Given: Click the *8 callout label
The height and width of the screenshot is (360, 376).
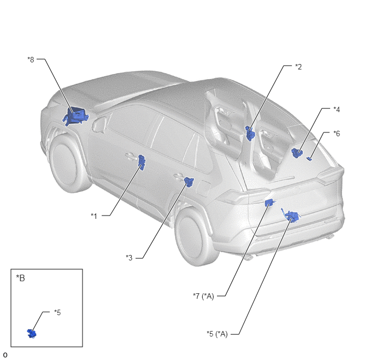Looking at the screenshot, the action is point(31,60).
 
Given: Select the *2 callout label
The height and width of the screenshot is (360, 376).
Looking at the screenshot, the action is point(298,67).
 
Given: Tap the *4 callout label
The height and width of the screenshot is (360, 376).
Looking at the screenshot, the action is point(337,109).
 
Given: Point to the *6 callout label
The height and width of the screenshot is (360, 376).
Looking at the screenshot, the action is point(337,133).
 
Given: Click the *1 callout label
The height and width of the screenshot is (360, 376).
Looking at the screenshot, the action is point(94,216).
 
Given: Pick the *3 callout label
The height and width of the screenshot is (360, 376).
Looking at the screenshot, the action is point(129,258).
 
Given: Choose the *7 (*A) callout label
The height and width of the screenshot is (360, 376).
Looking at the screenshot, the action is point(203,296).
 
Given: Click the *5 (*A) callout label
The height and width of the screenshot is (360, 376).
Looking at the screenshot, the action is point(217,334).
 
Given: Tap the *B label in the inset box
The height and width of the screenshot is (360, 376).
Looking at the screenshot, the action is point(20,278).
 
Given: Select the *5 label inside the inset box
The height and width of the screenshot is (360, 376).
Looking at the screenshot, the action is point(57,312).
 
